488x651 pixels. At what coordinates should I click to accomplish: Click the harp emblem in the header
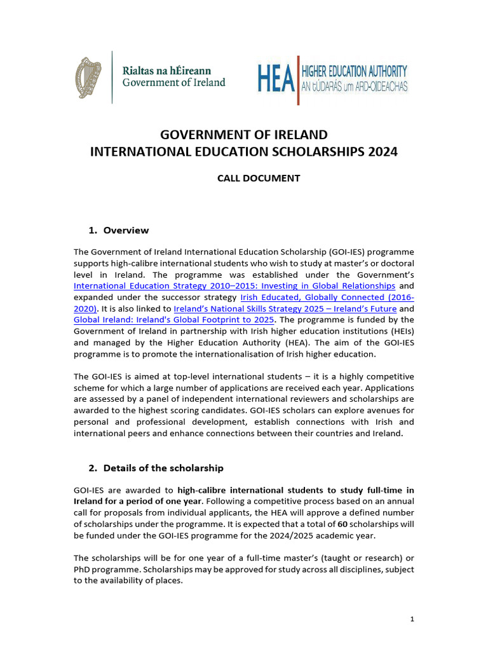(88, 77)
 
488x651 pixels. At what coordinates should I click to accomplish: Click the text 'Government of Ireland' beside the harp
(173, 83)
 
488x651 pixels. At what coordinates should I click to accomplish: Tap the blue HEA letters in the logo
(275, 79)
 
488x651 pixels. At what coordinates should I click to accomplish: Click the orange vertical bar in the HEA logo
(297, 79)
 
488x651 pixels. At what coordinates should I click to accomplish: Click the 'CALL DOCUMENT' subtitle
(258, 179)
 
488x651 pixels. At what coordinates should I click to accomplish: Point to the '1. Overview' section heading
(119, 230)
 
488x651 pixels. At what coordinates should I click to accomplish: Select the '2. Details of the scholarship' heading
(156, 468)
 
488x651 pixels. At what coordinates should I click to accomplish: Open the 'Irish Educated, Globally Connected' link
(327, 298)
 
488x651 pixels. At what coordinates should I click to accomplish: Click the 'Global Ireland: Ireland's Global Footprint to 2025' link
(174, 319)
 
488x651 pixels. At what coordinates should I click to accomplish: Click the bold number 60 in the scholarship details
(342, 524)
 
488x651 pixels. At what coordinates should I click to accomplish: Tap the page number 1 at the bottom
(412, 619)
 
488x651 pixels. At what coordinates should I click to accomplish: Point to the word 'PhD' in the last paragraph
(82, 569)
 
